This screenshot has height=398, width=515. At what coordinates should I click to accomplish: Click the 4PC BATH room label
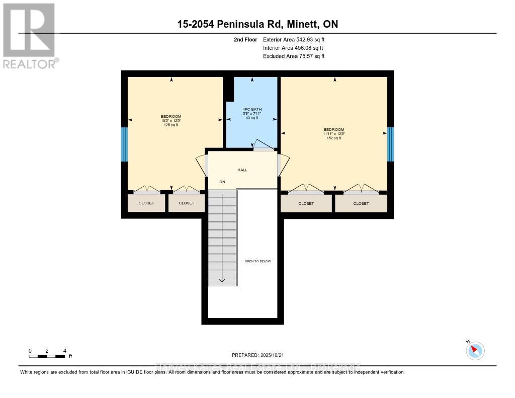252,109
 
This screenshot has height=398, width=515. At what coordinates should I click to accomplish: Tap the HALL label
243,170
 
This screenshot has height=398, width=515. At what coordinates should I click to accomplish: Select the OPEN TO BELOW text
257,261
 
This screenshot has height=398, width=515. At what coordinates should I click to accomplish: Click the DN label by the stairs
222,182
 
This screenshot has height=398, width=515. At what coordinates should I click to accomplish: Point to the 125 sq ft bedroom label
171,121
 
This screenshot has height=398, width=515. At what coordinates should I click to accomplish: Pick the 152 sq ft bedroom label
334,133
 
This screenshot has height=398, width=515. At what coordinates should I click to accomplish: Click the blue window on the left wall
124,144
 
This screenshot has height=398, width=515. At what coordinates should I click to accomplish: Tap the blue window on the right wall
390,144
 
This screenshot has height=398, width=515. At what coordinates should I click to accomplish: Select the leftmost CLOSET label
147,203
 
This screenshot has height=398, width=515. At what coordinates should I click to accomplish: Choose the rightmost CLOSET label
361,203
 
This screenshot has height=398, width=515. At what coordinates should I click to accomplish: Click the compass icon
475,350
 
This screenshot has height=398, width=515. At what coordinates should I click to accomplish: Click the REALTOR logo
29,35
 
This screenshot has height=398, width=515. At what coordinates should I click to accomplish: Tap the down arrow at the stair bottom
222,279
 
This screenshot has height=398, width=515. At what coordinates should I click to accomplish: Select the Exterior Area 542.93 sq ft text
297,39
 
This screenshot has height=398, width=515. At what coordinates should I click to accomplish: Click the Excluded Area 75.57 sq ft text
294,56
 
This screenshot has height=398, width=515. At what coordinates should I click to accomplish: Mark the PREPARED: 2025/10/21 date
258,355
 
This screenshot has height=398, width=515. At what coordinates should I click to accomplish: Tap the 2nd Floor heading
246,39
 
